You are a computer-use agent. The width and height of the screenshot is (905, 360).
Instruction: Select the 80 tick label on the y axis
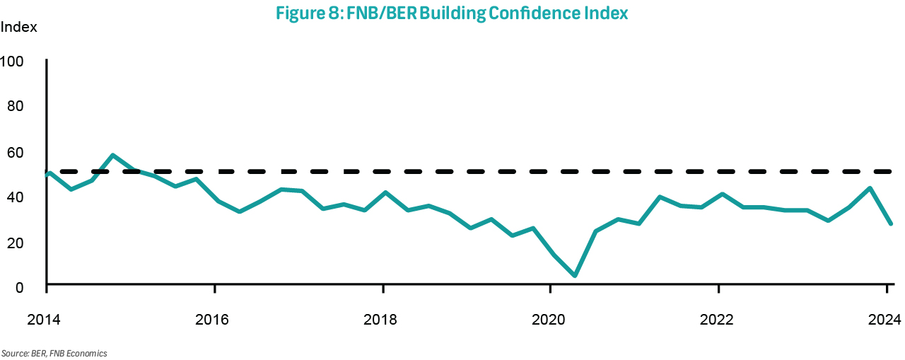16,106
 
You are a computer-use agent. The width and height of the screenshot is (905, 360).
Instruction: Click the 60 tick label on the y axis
16,152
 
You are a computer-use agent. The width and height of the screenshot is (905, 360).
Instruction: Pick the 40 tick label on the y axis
16,197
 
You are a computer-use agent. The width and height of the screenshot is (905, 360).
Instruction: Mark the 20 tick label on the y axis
16,242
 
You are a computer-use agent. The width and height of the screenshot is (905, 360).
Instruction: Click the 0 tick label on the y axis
19,286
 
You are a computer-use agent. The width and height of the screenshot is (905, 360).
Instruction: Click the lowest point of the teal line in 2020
575,276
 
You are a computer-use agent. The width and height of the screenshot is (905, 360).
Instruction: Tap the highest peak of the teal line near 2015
113,155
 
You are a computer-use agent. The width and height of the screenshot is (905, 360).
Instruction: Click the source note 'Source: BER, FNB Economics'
54,353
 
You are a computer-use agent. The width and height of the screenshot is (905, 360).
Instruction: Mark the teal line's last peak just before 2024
870,188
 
